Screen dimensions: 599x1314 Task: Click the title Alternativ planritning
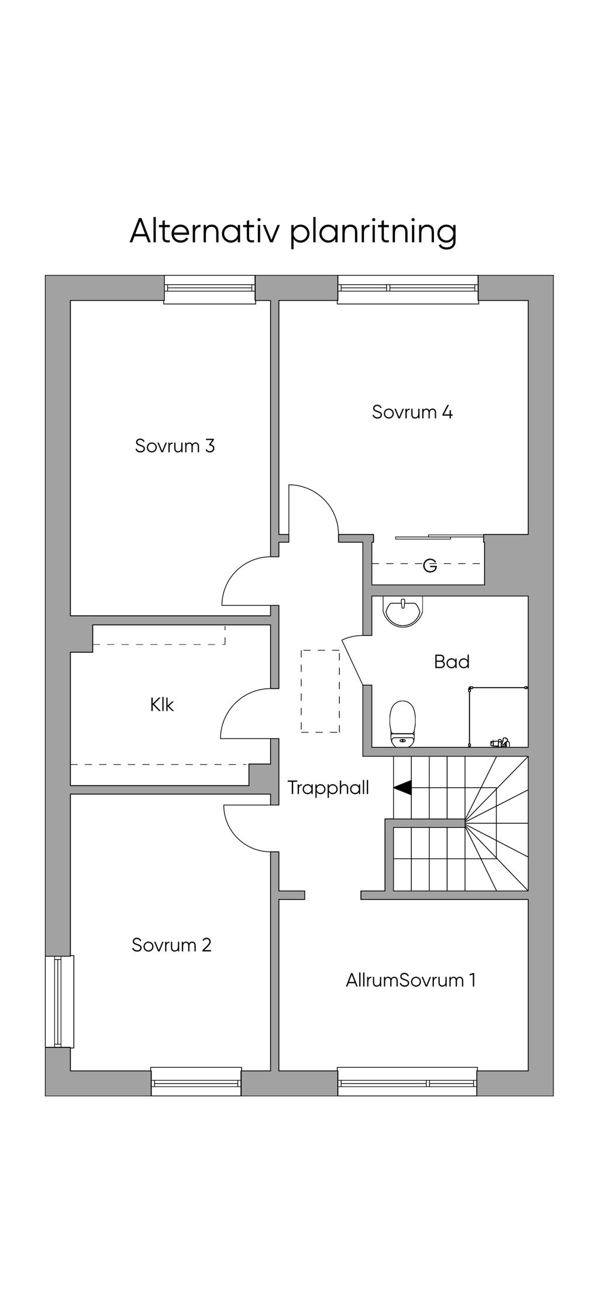[x=293, y=232]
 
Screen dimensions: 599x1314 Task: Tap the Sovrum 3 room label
[x=175, y=446]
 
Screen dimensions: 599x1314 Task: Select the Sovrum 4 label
[x=412, y=412]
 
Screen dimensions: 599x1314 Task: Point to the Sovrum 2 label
[x=171, y=945]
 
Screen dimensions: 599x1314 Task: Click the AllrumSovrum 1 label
[x=411, y=980]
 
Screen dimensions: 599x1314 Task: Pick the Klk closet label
[x=162, y=705]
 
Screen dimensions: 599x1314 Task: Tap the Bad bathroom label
[x=452, y=662]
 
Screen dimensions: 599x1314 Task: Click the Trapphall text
[x=328, y=788]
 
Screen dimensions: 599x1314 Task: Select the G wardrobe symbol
[x=430, y=566]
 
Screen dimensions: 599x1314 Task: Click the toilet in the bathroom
[x=402, y=724]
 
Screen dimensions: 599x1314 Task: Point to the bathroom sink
[x=402, y=611]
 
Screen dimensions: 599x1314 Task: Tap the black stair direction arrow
[x=402, y=788]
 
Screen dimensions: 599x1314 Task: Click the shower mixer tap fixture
[x=500, y=743]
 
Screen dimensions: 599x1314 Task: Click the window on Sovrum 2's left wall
[x=60, y=1002]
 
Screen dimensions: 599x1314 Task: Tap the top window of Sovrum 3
[x=209, y=289]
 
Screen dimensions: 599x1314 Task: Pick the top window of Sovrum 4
[x=408, y=289]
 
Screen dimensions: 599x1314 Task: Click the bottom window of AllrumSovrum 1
[x=407, y=1081]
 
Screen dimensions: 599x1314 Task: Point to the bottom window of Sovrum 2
[x=196, y=1081]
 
